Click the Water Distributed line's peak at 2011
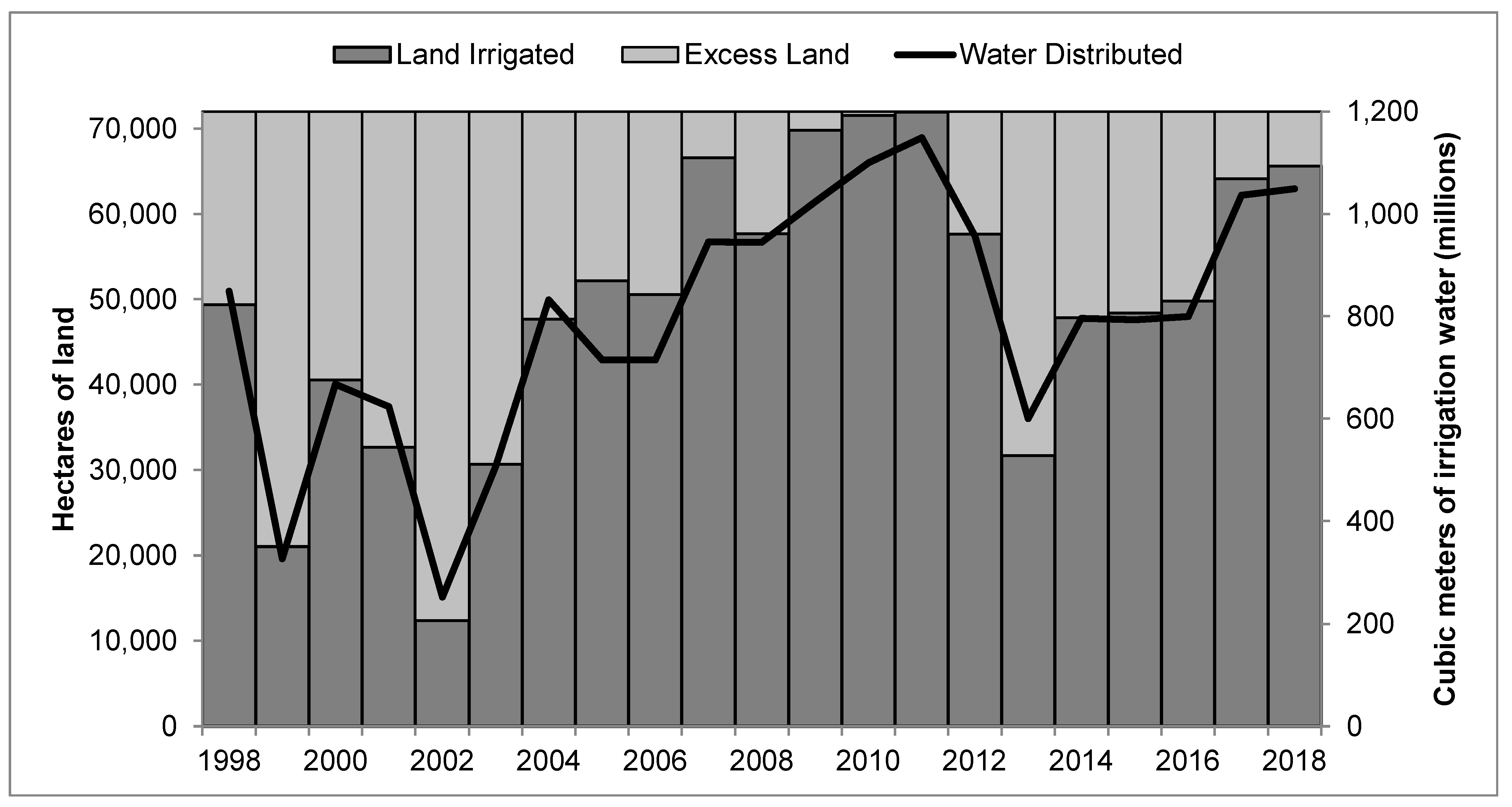pos(922,138)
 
